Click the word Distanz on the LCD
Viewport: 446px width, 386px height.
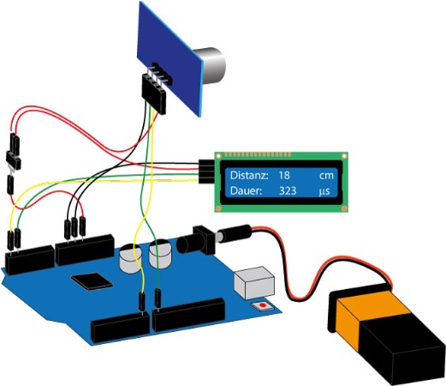pyautogui.click(x=249, y=175)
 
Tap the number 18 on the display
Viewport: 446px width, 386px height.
pyautogui.click(x=284, y=175)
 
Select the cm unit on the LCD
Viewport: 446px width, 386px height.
pyautogui.click(x=326, y=176)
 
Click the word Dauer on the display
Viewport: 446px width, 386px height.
pyautogui.click(x=246, y=190)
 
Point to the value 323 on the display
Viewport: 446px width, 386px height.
pyautogui.click(x=288, y=190)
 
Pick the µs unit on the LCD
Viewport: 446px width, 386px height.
pyautogui.click(x=324, y=191)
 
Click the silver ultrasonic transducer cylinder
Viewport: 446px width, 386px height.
pyautogui.click(x=211, y=65)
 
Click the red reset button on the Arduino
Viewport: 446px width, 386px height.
pyautogui.click(x=263, y=305)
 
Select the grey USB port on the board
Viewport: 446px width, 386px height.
pyautogui.click(x=254, y=282)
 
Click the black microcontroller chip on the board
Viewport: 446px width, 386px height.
pyautogui.click(x=92, y=281)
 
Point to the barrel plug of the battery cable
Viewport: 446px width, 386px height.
pyautogui.click(x=234, y=233)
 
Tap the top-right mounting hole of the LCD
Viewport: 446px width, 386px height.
pyautogui.click(x=344, y=156)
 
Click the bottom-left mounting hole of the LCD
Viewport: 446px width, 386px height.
pyautogui.click(x=218, y=208)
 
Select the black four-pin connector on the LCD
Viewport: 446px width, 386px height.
pyautogui.click(x=206, y=171)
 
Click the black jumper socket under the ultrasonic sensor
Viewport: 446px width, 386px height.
pyautogui.click(x=154, y=93)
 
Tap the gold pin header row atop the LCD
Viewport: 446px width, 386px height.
pyautogui.click(x=258, y=154)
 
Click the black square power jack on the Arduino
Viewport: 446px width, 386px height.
pyautogui.click(x=204, y=239)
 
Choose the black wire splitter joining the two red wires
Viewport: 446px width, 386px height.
pyautogui.click(x=14, y=160)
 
